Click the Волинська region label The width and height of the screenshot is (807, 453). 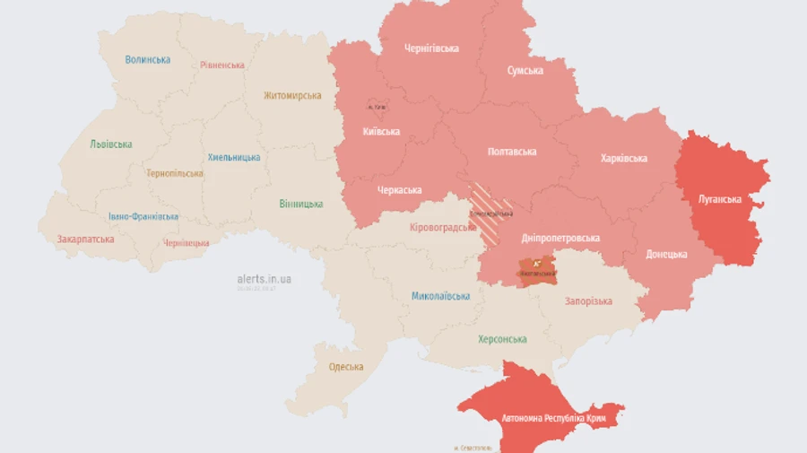[x=148, y=60]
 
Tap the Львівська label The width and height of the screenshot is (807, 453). [x=111, y=144]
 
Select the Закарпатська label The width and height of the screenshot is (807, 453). [x=85, y=240]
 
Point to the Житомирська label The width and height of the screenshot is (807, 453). [x=292, y=96]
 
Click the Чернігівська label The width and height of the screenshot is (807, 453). [x=431, y=48]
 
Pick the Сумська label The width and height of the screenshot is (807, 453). [x=525, y=70]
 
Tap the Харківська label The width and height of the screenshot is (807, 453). [x=623, y=159]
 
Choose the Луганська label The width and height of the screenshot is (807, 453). [x=720, y=199]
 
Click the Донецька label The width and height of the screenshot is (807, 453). [x=666, y=254]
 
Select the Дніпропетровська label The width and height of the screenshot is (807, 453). [x=560, y=238]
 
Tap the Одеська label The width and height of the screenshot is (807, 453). [x=346, y=367]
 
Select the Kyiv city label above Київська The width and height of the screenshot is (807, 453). [x=377, y=108]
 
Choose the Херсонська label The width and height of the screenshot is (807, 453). [x=502, y=339]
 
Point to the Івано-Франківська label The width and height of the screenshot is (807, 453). [x=143, y=216]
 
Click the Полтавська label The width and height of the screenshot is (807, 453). [x=512, y=152]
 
